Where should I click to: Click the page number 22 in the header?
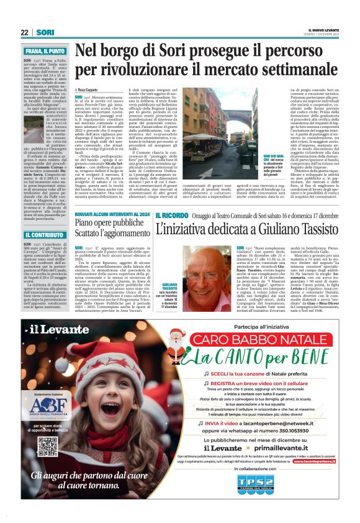tap(24, 32)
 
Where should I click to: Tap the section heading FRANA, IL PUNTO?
tap(45, 50)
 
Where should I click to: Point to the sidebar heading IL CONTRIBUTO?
tap(44, 235)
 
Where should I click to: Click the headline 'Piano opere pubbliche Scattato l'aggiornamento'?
tap(110, 227)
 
